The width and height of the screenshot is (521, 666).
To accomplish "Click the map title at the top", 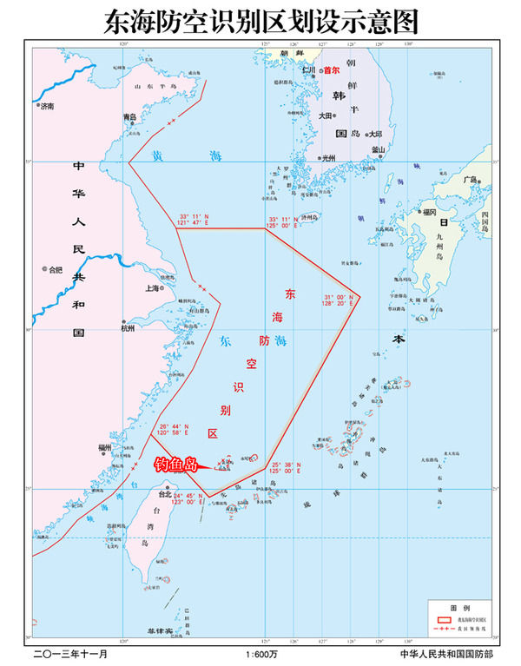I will (x=260, y=18).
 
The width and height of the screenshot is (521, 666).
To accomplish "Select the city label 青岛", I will (x=130, y=116).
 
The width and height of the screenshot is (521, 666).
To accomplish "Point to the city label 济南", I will (x=46, y=106).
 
